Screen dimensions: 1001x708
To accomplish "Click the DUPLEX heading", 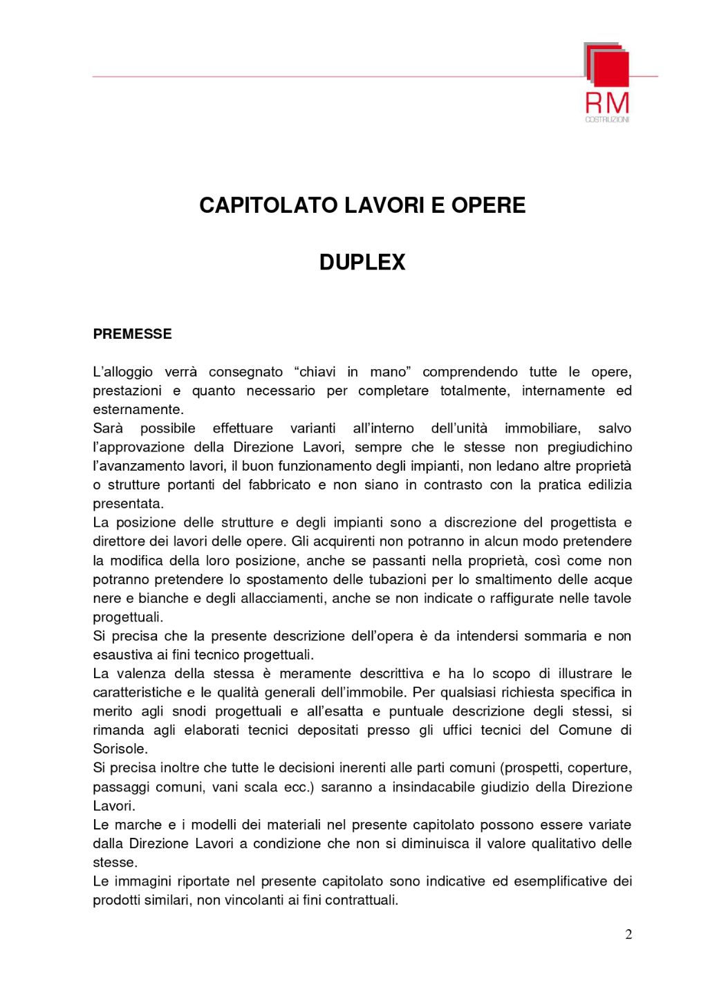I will [x=362, y=263].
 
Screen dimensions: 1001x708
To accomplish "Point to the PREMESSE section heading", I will [x=132, y=335].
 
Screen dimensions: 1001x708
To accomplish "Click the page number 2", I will [x=628, y=935].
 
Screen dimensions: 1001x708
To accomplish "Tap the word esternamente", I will [x=138, y=409].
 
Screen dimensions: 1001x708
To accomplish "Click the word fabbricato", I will [x=277, y=485].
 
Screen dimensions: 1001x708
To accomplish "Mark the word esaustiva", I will [x=121, y=654].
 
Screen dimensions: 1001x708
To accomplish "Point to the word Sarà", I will [x=107, y=428].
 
